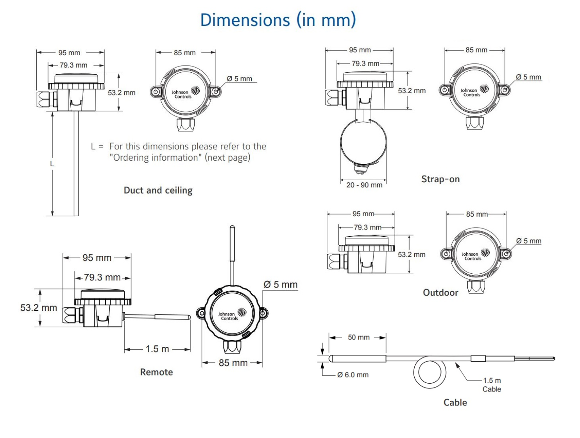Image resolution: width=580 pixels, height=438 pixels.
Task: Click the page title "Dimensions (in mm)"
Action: (x=278, y=20)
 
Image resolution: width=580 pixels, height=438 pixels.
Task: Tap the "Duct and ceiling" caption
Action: (x=158, y=190)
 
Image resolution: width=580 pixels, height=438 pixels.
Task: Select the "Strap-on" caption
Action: (x=440, y=179)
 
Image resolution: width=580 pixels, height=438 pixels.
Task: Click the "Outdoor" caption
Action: (x=440, y=293)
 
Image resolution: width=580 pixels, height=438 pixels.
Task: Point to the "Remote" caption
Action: (x=156, y=372)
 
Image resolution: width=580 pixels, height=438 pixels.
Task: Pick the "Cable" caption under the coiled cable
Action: (x=455, y=402)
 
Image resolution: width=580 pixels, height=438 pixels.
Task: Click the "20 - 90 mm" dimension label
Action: (x=364, y=185)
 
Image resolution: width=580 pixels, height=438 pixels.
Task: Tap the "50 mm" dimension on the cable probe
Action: (x=358, y=337)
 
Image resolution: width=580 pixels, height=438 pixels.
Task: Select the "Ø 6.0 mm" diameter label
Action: (x=353, y=375)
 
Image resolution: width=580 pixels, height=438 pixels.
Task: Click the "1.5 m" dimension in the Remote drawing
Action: (x=157, y=349)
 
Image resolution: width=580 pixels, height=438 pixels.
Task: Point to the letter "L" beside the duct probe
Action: (x=52, y=164)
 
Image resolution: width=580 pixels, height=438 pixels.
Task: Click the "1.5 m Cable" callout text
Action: (x=492, y=384)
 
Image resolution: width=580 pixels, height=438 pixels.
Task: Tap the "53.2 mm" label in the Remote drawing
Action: (x=39, y=308)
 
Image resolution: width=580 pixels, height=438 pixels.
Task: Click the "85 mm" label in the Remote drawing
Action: (x=233, y=363)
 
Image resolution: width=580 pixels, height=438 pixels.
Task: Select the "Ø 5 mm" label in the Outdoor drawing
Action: (x=528, y=241)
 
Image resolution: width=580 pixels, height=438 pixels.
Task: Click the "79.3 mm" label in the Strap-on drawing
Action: (x=365, y=63)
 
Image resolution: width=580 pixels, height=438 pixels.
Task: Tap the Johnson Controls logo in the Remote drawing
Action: (x=232, y=314)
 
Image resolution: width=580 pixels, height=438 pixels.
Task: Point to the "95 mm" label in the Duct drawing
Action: (x=69, y=53)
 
